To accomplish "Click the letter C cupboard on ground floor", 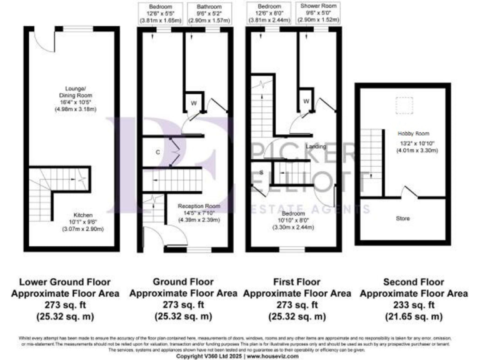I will coord(159,151).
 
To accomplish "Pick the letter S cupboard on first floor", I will coord(261,172).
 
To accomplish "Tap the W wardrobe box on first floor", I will coord(306,101).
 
